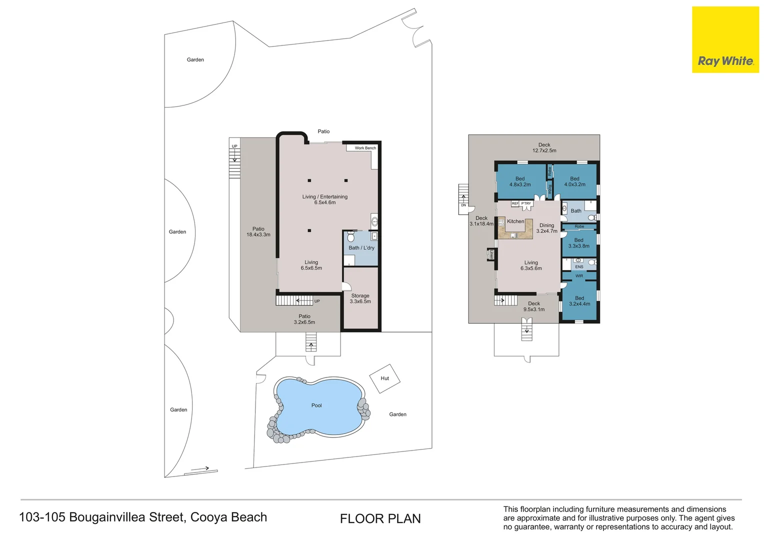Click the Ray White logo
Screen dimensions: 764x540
(725, 39)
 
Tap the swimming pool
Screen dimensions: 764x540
(319, 407)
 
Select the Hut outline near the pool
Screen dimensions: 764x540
(384, 378)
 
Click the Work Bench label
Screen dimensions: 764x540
(365, 148)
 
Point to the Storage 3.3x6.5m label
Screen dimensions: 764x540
(360, 298)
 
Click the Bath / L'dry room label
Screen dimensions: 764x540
(361, 247)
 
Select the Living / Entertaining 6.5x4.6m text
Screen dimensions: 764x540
(324, 199)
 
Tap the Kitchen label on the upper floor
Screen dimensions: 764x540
(515, 221)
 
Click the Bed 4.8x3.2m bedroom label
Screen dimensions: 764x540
(520, 181)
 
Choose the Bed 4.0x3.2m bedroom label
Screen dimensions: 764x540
(574, 181)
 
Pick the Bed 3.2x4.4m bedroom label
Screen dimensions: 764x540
(579, 301)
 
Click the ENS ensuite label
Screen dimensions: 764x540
(579, 267)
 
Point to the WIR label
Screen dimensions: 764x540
(579, 276)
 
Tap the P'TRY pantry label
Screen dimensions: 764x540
(526, 203)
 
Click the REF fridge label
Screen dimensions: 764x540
(515, 203)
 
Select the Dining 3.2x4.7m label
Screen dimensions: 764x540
(546, 228)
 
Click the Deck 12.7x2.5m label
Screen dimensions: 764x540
(544, 147)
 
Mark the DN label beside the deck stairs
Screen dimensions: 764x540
(463, 205)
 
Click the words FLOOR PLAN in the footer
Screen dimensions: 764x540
(380, 519)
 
